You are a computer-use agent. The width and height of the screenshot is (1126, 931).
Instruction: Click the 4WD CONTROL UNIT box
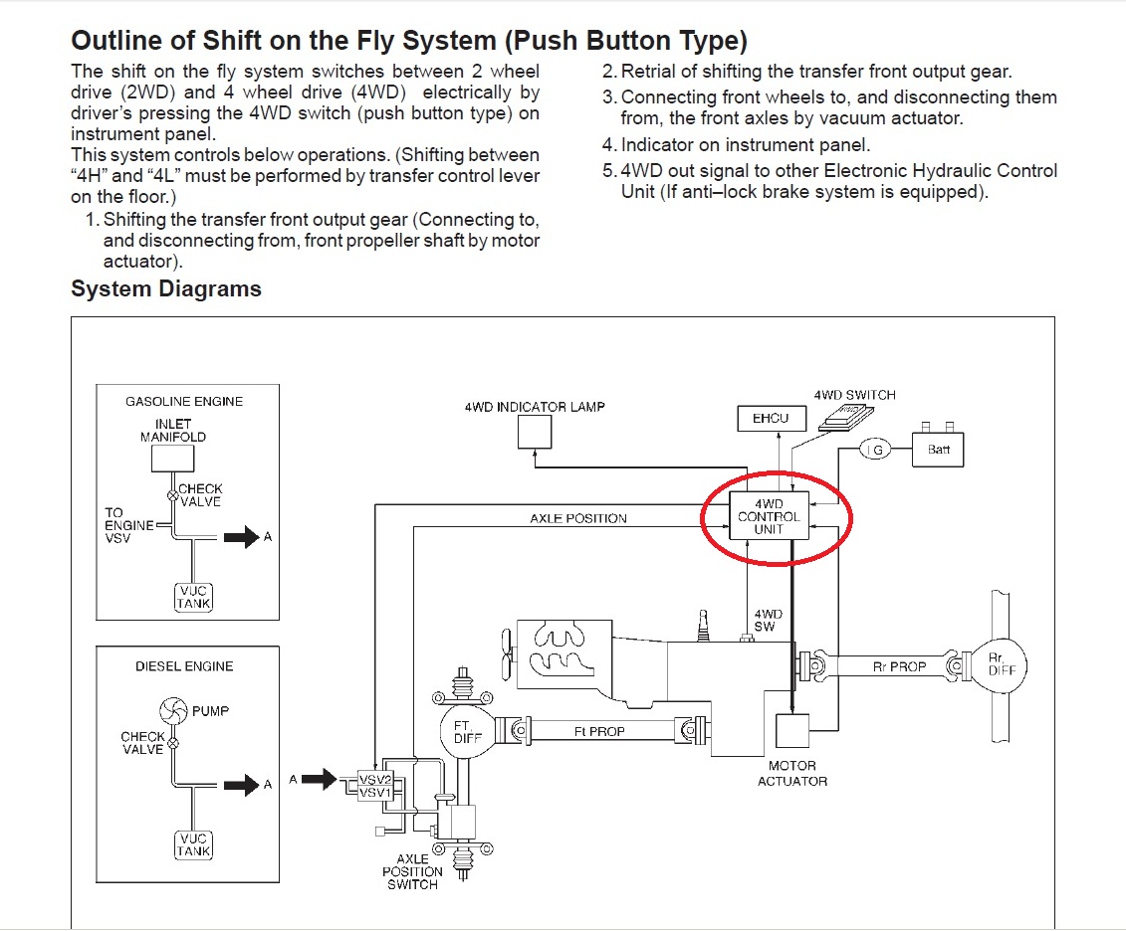pos(769,516)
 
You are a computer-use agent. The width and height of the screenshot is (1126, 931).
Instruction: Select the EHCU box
pos(770,419)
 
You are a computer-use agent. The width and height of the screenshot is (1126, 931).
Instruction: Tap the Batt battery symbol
pos(938,450)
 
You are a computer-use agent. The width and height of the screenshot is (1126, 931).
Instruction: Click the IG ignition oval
pos(875,451)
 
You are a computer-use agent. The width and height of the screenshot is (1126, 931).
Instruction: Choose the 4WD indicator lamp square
pos(535,432)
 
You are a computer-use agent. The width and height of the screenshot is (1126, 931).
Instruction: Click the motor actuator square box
pos(791,731)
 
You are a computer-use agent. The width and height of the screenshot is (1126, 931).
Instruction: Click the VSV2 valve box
pos(374,779)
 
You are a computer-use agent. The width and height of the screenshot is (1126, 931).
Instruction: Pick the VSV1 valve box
pos(374,793)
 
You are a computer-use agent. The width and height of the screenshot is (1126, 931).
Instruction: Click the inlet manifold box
pos(172,459)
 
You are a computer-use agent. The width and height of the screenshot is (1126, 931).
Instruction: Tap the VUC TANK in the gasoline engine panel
pos(193,597)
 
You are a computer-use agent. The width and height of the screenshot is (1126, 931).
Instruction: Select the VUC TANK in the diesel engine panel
pos(193,844)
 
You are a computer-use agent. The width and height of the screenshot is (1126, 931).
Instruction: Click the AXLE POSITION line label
pos(578,518)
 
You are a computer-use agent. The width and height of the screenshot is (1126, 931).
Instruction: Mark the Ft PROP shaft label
pos(599,731)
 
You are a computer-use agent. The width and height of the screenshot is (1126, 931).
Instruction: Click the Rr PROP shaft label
pos(899,666)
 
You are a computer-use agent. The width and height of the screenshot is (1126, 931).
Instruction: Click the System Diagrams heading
pos(165,289)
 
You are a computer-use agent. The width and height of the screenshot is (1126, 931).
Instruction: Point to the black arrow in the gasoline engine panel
pos(239,537)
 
